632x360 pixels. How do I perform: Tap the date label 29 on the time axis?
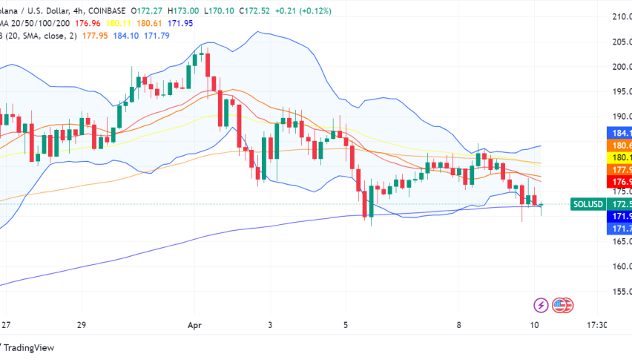82,325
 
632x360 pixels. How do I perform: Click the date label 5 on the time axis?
346,325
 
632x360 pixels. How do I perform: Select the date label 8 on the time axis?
460,325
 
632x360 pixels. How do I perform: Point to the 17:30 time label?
596,325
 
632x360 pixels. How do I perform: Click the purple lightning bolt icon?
542,304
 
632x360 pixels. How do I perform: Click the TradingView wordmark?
28,347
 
